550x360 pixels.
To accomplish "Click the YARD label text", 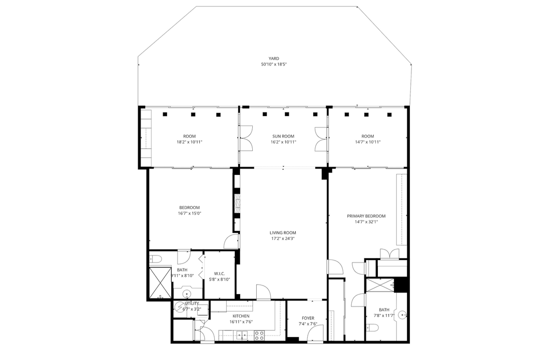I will (x=273, y=58).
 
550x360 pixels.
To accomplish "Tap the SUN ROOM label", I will (x=283, y=136).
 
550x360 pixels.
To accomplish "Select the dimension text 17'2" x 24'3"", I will (x=283, y=238).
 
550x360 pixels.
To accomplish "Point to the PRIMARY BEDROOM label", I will (x=366, y=216).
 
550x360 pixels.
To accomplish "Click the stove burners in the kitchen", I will (x=259, y=336).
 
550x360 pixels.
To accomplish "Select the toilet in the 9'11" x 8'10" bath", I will (x=155, y=258).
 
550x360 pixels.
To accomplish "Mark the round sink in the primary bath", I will (x=402, y=314).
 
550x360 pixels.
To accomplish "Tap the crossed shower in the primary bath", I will (x=381, y=285).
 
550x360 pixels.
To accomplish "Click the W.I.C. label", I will (x=219, y=273).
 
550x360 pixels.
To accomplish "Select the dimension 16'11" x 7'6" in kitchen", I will (x=241, y=322).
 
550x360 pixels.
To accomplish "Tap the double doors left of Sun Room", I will (x=246, y=137).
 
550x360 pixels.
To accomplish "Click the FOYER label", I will (x=308, y=318).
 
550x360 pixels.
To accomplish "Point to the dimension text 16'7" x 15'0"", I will (x=189, y=213).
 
